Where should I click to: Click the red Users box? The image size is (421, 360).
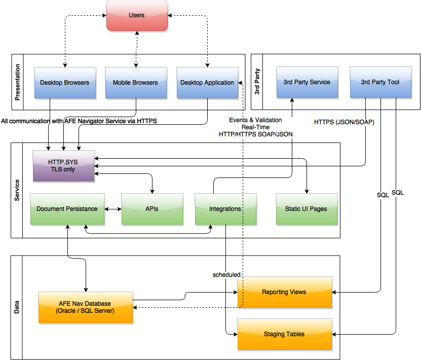click(137, 15)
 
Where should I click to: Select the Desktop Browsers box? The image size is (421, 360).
click(64, 82)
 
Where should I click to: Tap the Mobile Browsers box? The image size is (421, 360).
click(135, 82)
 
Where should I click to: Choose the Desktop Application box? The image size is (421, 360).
click(207, 82)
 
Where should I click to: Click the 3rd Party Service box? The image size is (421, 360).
click(307, 82)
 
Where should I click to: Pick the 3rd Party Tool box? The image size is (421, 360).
click(380, 82)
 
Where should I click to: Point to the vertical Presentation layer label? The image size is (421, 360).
click(18, 82)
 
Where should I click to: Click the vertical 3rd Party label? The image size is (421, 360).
click(257, 82)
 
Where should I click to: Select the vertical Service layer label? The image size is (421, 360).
click(17, 190)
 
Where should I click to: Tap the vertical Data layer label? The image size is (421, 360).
click(17, 307)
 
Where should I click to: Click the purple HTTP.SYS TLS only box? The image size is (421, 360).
click(63, 166)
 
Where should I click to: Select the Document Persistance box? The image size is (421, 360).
click(67, 208)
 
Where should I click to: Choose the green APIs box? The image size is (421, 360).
click(151, 208)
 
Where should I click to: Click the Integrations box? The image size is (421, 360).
click(225, 208)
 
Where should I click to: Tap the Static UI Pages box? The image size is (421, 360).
click(306, 208)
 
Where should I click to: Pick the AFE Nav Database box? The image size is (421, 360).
click(86, 307)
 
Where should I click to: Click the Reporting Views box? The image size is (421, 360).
click(284, 292)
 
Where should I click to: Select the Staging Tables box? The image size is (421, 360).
click(284, 334)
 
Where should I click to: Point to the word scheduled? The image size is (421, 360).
click(226, 275)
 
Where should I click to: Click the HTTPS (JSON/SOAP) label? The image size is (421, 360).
click(344, 122)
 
